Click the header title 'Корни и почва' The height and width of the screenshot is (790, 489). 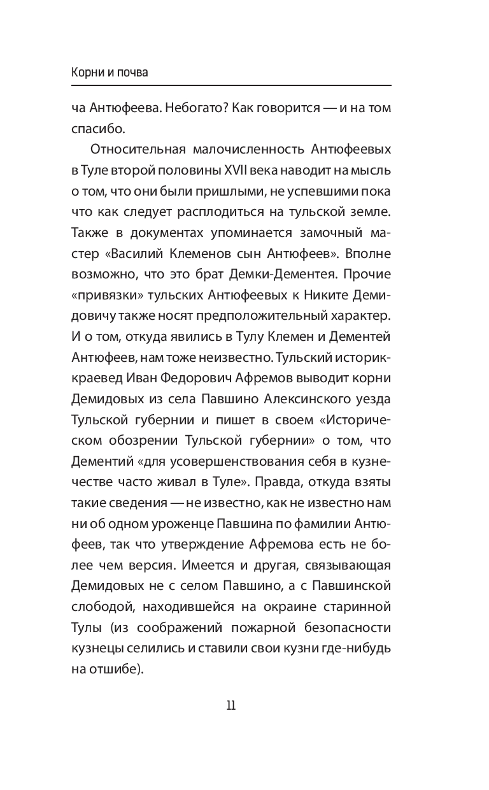click(110, 72)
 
